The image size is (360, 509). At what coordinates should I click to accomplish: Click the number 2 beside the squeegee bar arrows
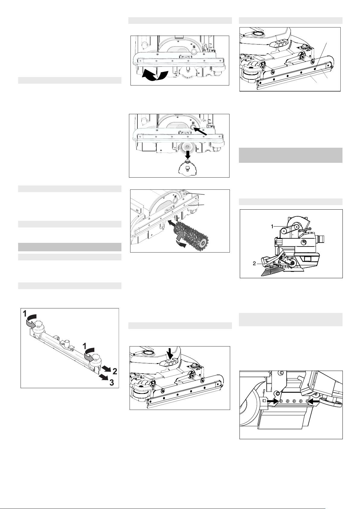(115, 371)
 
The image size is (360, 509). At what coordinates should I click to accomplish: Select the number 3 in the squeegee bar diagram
(111, 383)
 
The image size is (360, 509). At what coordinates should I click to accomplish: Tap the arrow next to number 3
(103, 377)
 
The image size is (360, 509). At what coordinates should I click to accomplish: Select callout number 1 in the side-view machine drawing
(272, 226)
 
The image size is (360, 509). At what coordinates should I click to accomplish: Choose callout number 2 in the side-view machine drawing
(254, 264)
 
